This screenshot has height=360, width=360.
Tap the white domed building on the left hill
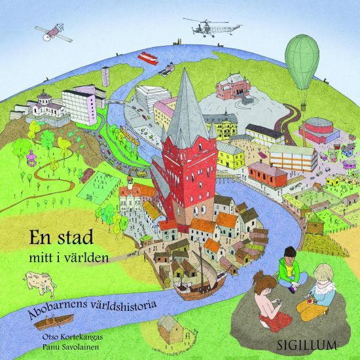(43, 105)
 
